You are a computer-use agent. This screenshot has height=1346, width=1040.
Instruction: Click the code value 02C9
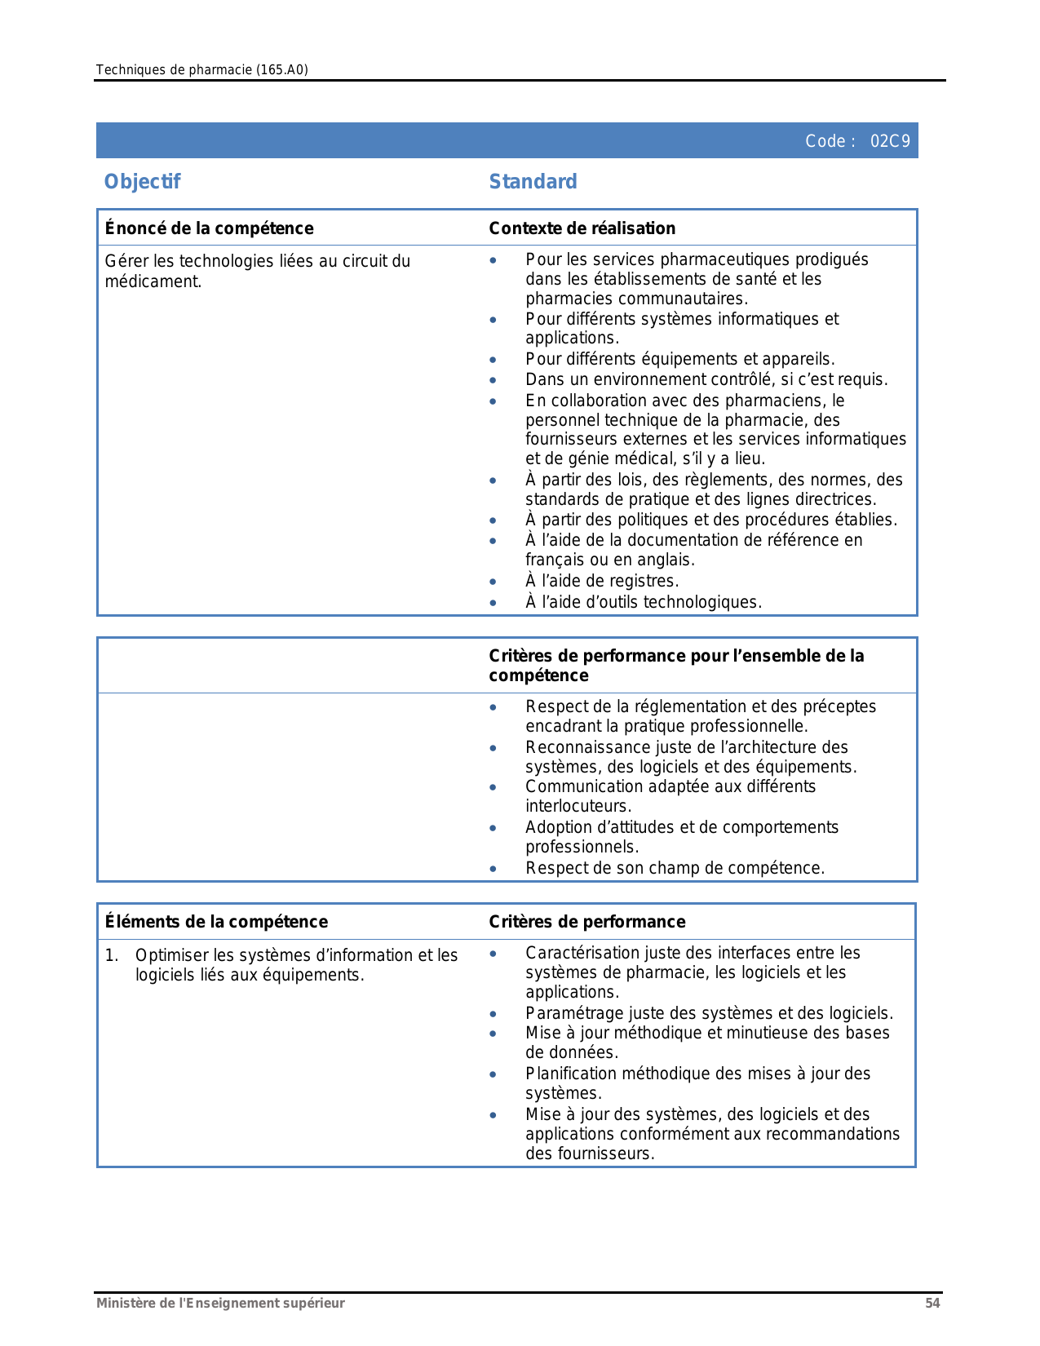(889, 141)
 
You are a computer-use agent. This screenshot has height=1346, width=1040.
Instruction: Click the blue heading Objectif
(142, 181)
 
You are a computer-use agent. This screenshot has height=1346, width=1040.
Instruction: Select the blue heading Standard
(533, 181)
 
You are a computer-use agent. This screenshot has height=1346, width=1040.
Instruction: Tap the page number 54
(932, 1303)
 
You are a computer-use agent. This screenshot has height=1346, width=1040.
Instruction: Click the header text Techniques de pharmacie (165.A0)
(201, 69)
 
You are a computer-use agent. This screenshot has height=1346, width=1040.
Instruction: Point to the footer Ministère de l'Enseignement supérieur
(220, 1303)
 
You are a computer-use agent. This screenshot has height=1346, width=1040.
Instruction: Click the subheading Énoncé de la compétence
(209, 228)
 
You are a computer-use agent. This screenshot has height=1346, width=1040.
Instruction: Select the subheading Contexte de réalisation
(582, 228)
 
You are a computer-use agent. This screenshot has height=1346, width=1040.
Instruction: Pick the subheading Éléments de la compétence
(216, 922)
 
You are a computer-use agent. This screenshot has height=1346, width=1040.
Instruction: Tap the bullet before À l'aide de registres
(493, 582)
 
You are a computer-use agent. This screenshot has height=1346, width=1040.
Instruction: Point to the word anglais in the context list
(666, 560)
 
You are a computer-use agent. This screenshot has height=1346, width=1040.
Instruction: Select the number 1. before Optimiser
(112, 955)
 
